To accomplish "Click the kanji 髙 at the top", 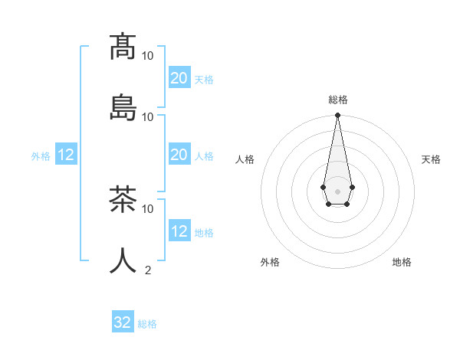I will (x=123, y=47).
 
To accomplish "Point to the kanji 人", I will (x=123, y=260).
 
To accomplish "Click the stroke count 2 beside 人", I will (x=148, y=270).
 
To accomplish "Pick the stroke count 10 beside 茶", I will (x=148, y=208).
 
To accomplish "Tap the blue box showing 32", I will (x=123, y=322).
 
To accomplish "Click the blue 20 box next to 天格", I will (x=179, y=78).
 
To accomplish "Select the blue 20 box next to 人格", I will (x=179, y=155).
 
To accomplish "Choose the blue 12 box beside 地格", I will (x=179, y=231).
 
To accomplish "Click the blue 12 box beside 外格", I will (x=66, y=155).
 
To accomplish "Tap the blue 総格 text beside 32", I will (x=147, y=324).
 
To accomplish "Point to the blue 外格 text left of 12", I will (x=41, y=156).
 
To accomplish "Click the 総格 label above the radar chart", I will (x=338, y=100).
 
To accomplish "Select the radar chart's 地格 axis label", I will (x=402, y=263).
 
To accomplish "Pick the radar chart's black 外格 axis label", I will (x=270, y=263).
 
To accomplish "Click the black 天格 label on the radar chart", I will (x=431, y=159).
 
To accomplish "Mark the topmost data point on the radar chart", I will (x=337, y=116).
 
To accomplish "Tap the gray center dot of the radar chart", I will (x=337, y=190).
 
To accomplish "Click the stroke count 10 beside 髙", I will (x=148, y=56).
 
